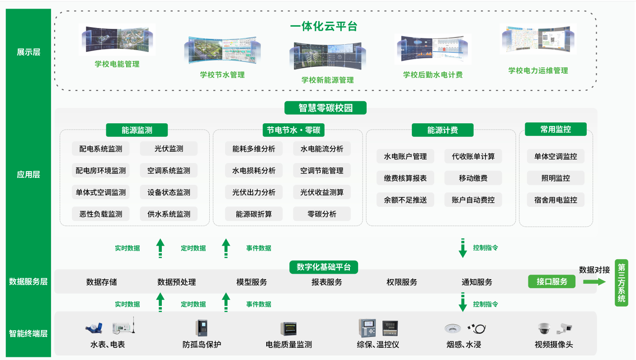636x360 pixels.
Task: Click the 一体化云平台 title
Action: click(x=324, y=27)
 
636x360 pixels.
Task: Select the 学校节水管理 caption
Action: click(x=222, y=75)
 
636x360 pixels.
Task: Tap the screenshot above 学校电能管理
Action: click(x=117, y=40)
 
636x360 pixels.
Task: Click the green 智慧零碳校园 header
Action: click(x=325, y=108)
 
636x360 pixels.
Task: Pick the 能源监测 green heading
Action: click(x=137, y=130)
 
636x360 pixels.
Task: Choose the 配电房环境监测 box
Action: click(x=101, y=171)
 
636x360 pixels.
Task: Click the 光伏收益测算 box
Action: click(x=322, y=192)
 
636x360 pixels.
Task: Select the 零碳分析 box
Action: click(x=322, y=214)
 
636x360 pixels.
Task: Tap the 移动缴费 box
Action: click(x=473, y=178)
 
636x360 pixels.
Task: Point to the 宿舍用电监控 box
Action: click(x=556, y=200)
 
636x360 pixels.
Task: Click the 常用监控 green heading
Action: click(x=556, y=129)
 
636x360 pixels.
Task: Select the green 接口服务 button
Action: click(x=552, y=282)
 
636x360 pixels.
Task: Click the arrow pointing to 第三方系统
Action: click(x=594, y=281)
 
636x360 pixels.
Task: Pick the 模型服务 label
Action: click(x=252, y=282)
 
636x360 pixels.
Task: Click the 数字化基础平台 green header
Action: click(x=324, y=267)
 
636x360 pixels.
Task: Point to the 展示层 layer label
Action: click(x=28, y=52)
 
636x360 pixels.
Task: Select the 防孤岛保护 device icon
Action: click(x=202, y=328)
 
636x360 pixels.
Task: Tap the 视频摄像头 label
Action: click(x=554, y=344)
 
